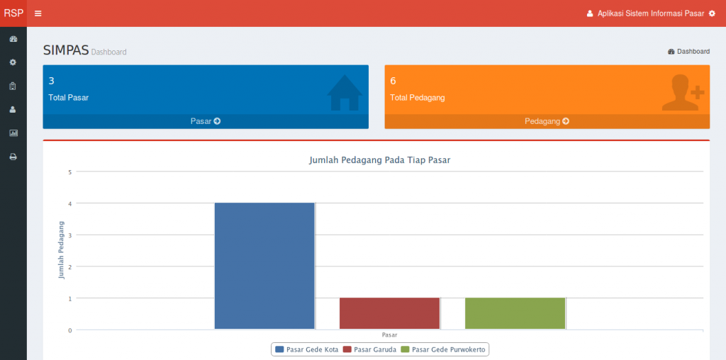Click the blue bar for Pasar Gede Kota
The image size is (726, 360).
point(264,266)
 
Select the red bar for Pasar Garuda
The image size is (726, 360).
point(390,313)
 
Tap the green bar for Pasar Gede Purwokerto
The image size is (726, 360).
point(515,313)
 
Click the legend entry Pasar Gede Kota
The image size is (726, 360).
point(306,349)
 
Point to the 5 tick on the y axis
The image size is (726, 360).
point(70,171)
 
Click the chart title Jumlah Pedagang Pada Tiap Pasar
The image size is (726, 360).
point(380,160)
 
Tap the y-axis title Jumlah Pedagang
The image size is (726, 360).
point(62,250)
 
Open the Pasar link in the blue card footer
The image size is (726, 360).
point(206,121)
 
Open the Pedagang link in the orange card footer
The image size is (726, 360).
point(547,121)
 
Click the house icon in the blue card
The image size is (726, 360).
point(345,93)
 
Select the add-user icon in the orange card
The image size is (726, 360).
point(683,93)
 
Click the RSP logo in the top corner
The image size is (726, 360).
point(13,13)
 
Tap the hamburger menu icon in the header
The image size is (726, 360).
point(38,13)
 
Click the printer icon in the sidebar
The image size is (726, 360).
point(13,157)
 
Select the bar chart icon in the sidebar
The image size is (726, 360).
point(13,133)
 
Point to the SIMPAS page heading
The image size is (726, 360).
point(65,50)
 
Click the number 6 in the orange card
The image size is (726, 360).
point(393,81)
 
